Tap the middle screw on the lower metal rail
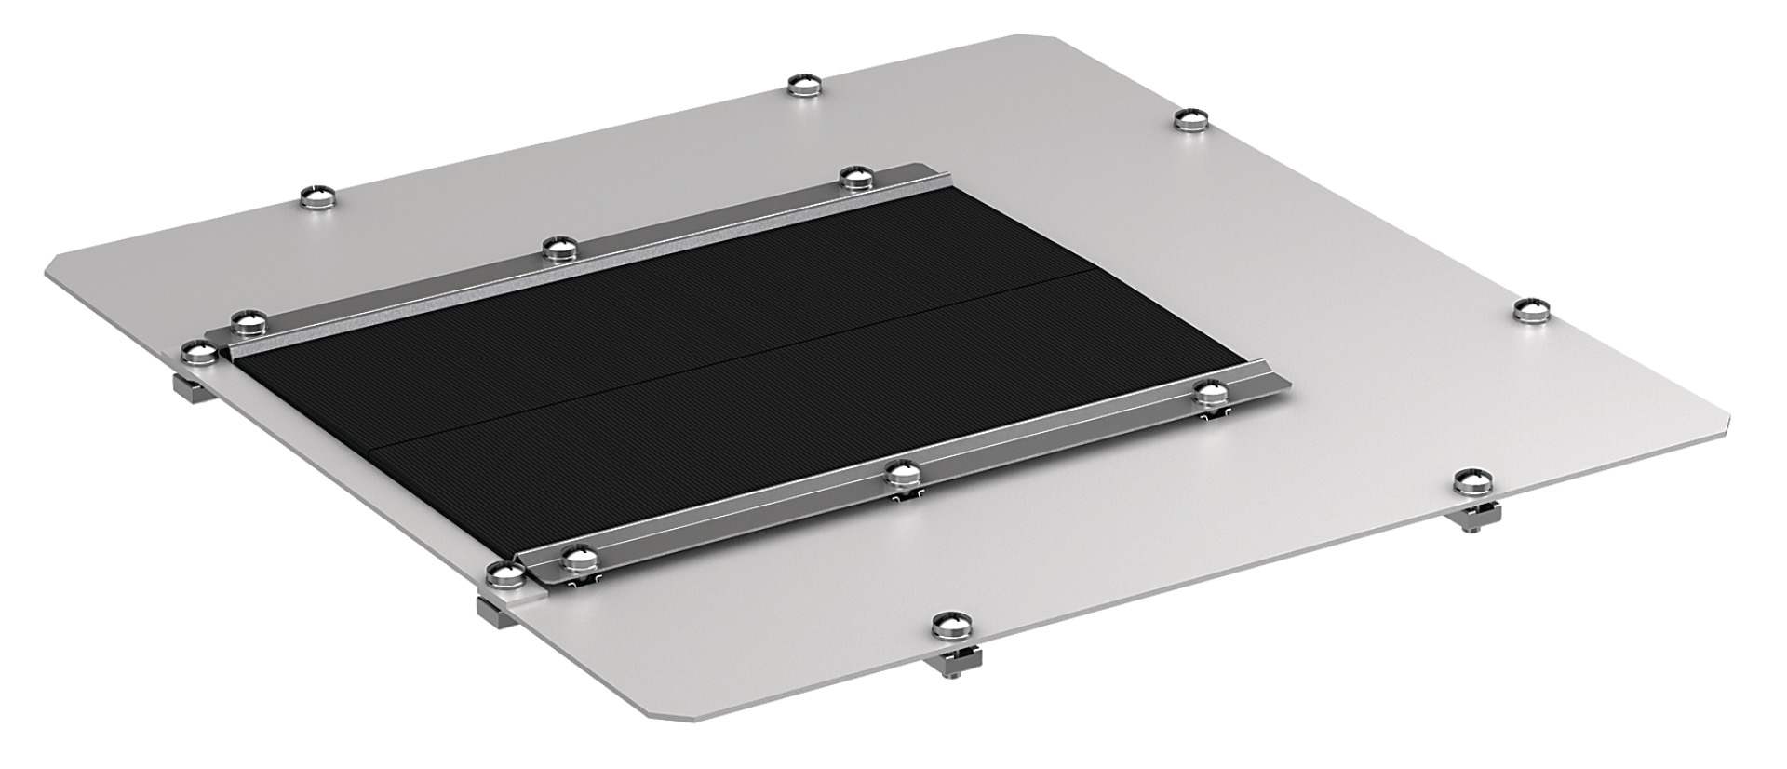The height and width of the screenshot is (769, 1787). click(901, 474)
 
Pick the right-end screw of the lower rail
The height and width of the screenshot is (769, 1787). click(1210, 392)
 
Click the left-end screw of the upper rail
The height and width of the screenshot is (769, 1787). click(248, 320)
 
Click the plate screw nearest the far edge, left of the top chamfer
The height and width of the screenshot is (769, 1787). click(806, 86)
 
